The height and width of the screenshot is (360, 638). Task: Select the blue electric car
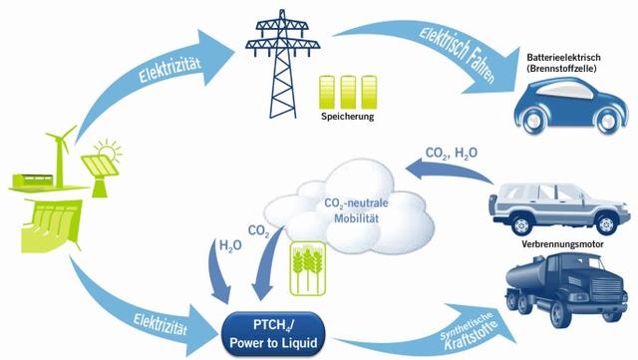click(x=564, y=104)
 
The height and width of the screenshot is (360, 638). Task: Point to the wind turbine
click(x=62, y=150)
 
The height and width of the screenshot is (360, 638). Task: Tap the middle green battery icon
click(x=348, y=91)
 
